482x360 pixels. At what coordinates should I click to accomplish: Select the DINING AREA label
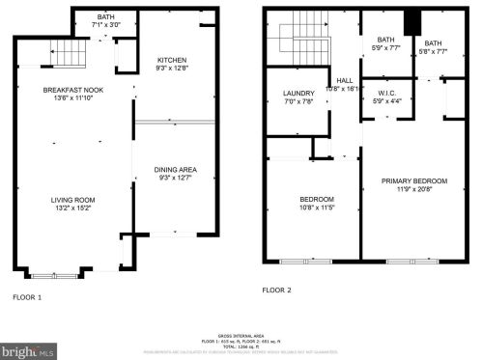tap(175, 170)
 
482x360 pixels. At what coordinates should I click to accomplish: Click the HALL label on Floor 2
tap(343, 80)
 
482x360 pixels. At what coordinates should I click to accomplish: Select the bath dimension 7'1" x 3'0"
tap(106, 23)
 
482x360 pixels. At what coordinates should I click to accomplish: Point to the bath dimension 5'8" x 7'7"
tap(433, 51)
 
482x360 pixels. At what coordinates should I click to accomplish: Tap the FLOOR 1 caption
tap(26, 297)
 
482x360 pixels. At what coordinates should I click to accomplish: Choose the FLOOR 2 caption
tap(276, 290)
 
